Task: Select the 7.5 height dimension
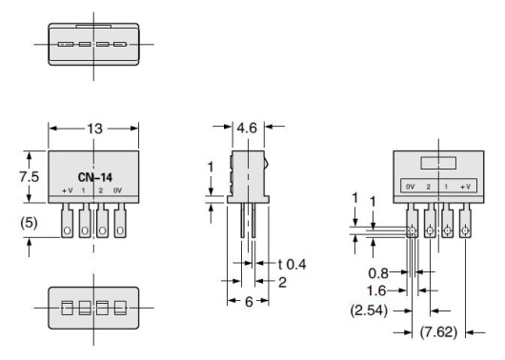(x=30, y=176)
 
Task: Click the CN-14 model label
(x=93, y=176)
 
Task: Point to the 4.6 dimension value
(x=246, y=125)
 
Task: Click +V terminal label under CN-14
(x=68, y=192)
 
